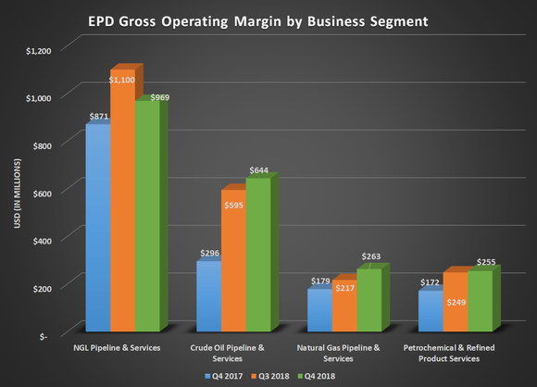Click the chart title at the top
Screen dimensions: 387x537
(268, 19)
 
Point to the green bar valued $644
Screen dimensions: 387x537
(257, 255)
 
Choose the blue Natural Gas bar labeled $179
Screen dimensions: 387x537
(318, 310)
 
